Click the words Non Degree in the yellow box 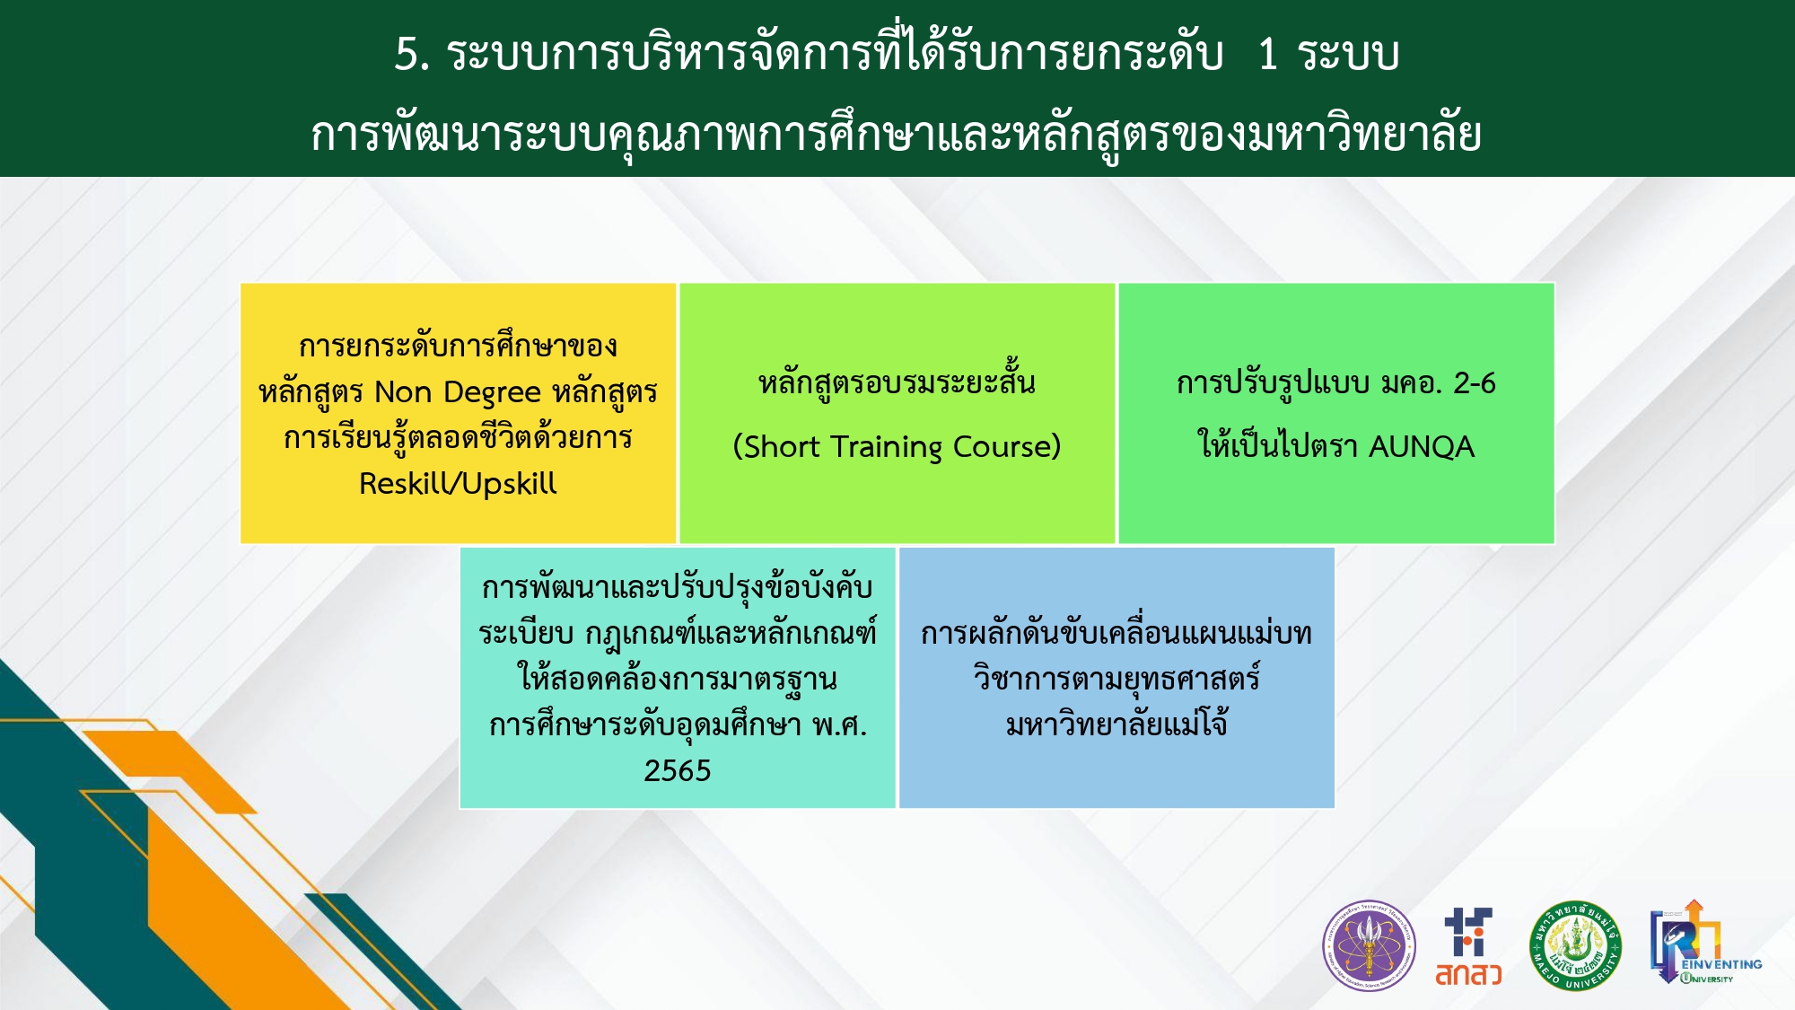[458, 393]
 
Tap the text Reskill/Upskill [458, 484]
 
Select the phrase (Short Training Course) [897, 446]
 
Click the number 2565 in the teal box [678, 770]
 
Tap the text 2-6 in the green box [1475, 383]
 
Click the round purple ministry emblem [1369, 946]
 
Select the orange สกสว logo [1468, 947]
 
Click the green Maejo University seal [1575, 946]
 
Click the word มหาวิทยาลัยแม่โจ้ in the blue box [1116, 724]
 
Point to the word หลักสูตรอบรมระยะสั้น [897, 382]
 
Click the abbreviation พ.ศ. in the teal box [840, 725]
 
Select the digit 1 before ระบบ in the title [1267, 54]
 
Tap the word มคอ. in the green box [1411, 383]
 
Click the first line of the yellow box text [458, 346]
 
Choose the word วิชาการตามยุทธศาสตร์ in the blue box [1116, 678]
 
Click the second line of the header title [896, 135]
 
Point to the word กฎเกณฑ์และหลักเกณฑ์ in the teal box [731, 633]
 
